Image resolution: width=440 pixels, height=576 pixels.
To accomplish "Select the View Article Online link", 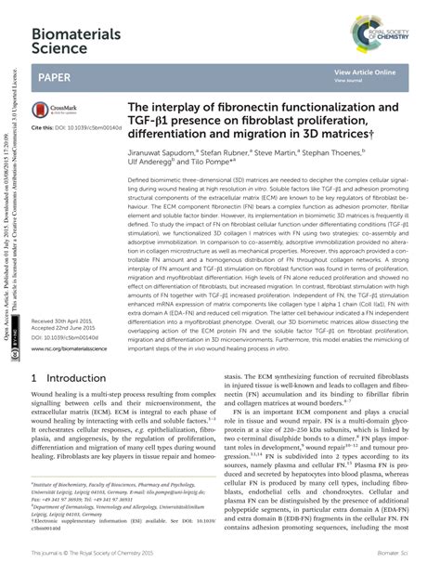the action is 365,72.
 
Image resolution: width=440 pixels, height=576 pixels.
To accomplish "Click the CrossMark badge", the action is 53,109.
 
